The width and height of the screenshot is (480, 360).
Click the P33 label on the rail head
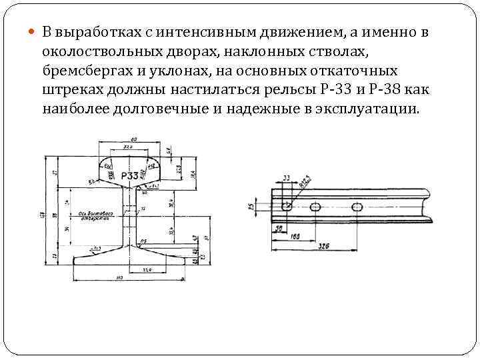(x=130, y=175)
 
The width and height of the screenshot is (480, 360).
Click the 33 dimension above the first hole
(x=287, y=178)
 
